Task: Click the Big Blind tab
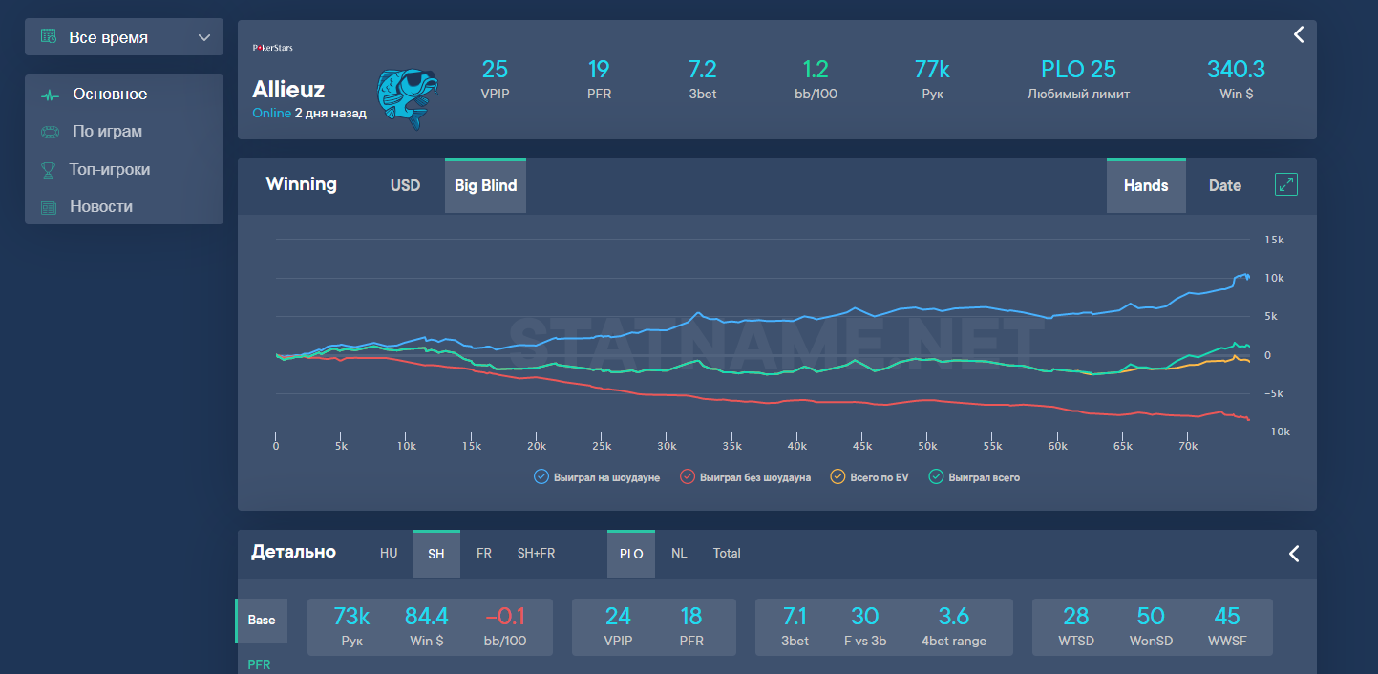(x=485, y=185)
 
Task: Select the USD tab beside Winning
(x=405, y=185)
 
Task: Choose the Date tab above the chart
(x=1224, y=185)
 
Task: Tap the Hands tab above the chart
(x=1146, y=185)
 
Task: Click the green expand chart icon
(x=1286, y=184)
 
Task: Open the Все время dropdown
(x=124, y=37)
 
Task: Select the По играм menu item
(x=107, y=132)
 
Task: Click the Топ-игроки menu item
(x=109, y=169)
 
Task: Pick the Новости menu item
(x=100, y=206)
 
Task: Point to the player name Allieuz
(x=288, y=89)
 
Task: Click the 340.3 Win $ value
(x=1236, y=70)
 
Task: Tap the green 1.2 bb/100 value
(x=815, y=70)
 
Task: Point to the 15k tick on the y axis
(x=1274, y=240)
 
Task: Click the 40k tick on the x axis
(x=796, y=446)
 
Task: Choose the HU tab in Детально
(x=389, y=553)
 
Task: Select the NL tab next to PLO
(x=679, y=553)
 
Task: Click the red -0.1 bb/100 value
(x=505, y=616)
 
